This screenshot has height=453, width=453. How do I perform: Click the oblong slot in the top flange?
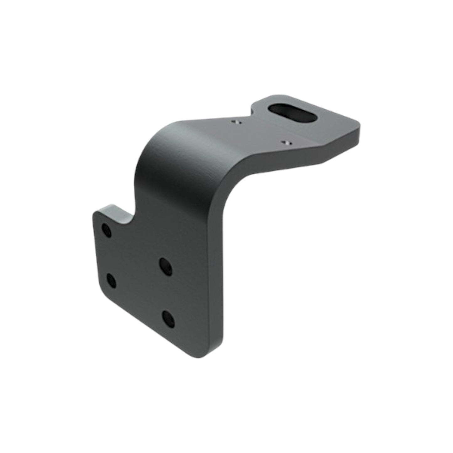click(x=293, y=113)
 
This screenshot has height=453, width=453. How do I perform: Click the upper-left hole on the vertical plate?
click(x=107, y=230)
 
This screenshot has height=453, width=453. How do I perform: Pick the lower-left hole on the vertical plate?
click(x=111, y=281)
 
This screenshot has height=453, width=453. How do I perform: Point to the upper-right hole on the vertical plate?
click(x=166, y=266)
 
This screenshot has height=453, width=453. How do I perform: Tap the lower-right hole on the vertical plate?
click(x=168, y=319)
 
